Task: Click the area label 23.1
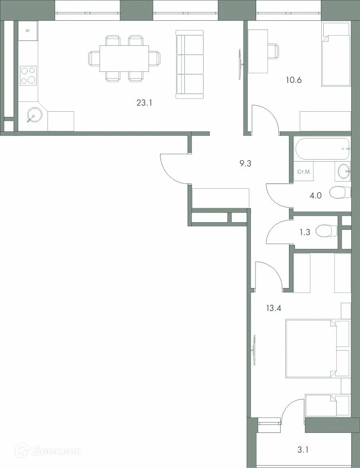145,103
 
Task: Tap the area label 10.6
293,80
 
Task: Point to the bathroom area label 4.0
316,195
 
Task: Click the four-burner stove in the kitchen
28,75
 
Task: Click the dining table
124,58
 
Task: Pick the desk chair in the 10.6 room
273,51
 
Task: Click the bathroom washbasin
344,171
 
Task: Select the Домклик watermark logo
48,451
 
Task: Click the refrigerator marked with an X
28,30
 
